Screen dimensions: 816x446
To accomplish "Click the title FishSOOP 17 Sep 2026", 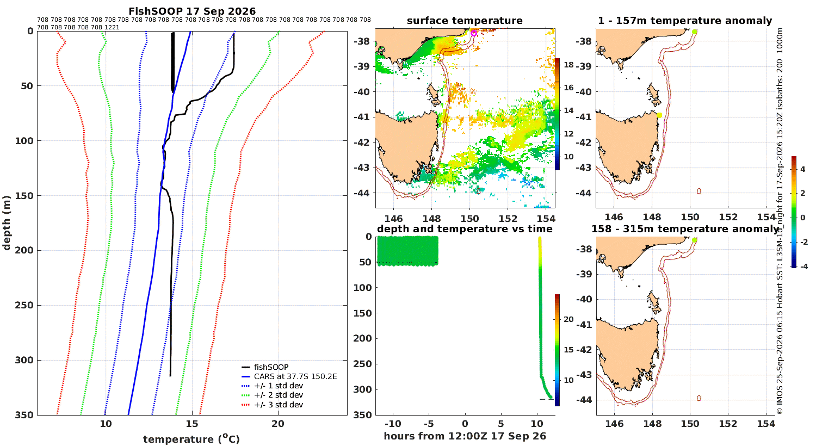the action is [192, 11].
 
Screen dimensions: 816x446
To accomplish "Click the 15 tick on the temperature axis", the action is [192, 424].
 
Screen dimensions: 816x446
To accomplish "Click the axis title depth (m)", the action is [7, 223].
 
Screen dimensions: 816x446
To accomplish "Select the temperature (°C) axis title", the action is [191, 439].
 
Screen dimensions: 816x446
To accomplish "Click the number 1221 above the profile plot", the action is [112, 27].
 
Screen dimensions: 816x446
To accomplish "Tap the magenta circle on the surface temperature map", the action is [474, 33].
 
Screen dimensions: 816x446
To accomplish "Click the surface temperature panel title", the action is [465, 21].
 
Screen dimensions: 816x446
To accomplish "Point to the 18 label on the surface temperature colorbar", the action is [568, 65].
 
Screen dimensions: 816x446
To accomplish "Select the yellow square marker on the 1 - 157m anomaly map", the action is [659, 115].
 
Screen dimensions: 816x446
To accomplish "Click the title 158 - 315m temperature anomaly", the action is [685, 228].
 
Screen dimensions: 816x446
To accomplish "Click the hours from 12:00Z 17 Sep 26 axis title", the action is [465, 436].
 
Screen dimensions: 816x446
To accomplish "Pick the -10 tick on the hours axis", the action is [393, 424].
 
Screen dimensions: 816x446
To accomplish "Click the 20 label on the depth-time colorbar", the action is [568, 319].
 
